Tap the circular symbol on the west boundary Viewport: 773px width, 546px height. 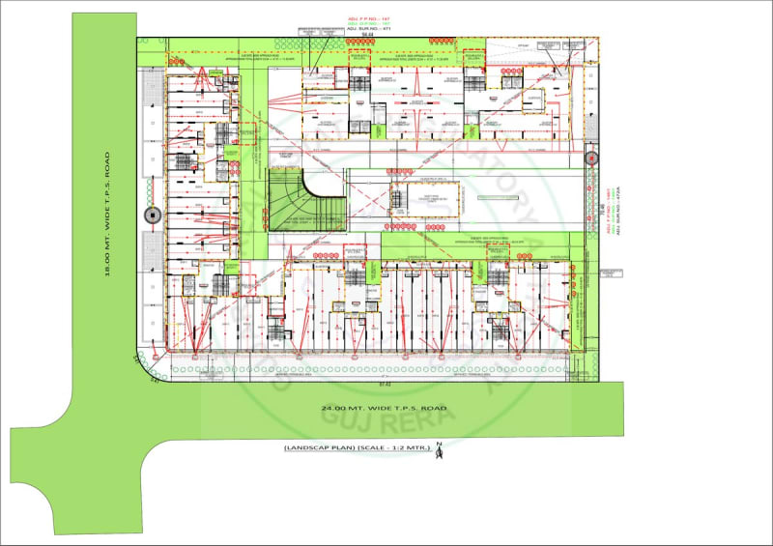coord(149,215)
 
